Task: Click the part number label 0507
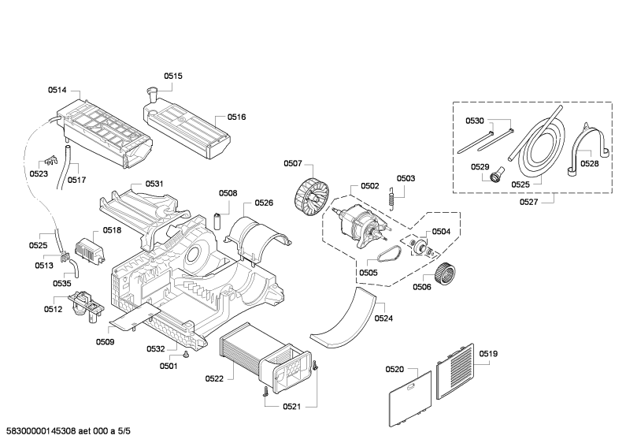point(293,164)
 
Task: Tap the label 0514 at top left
point(57,90)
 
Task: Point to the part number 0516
point(237,117)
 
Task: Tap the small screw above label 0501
point(186,354)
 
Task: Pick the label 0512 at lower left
point(53,309)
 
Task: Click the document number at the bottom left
point(69,430)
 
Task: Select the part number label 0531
point(154,184)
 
